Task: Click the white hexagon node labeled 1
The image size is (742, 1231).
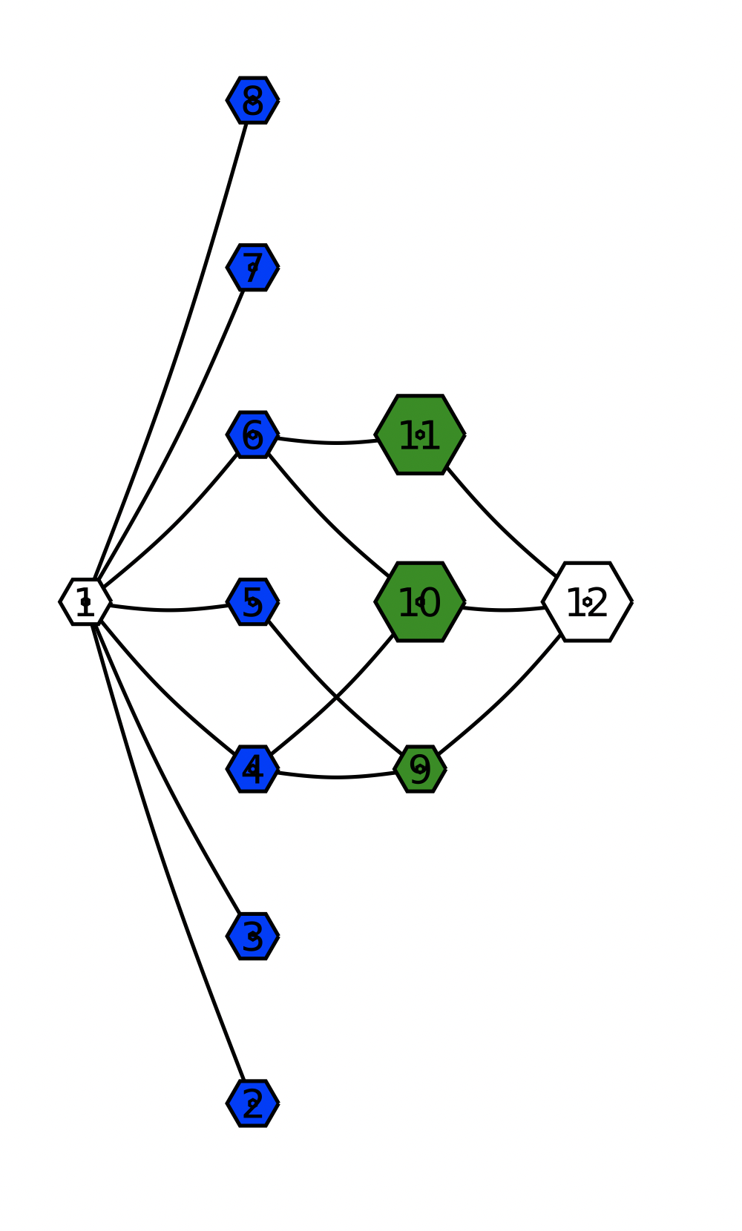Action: coord(85,601)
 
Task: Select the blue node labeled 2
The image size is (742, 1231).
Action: coord(252,1103)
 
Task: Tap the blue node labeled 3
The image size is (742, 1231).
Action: coord(252,936)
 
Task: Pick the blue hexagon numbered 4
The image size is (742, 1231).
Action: coord(252,769)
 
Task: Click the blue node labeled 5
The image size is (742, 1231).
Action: coord(252,601)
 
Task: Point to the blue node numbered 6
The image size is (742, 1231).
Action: coord(252,435)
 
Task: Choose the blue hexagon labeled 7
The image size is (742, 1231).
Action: coord(252,267)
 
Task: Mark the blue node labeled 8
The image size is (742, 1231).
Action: coord(252,100)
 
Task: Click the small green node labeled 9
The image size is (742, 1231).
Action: coord(420,769)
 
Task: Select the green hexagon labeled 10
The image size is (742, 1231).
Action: coord(420,601)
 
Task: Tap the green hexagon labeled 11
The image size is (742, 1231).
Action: coord(420,435)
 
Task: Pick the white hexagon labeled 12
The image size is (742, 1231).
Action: coord(587,601)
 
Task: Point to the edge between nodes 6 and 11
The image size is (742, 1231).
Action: coord(334,443)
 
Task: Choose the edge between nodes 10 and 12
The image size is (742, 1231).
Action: coord(505,610)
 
